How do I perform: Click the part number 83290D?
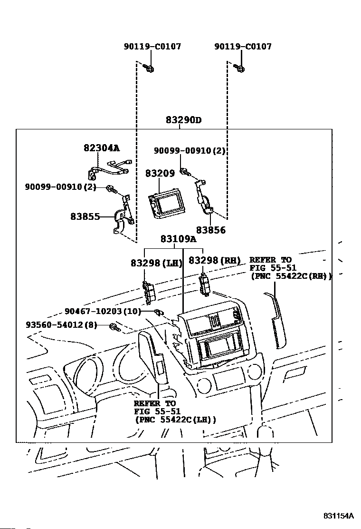coord(183,120)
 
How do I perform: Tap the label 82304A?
coord(102,148)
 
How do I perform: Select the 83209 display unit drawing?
coord(165,203)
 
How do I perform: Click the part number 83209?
coord(160,174)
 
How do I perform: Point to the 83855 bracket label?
coord(85,216)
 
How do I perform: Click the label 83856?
coord(211,230)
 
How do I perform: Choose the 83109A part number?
coord(179,239)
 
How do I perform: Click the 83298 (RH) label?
coord(215,260)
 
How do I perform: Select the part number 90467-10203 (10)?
coord(103,311)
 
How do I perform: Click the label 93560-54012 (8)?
coord(62,325)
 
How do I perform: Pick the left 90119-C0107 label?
coord(152,46)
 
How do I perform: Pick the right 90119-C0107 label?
coord(243,46)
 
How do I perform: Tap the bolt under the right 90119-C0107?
coord(239,68)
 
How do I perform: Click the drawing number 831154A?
coord(338,516)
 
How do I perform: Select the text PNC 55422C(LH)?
coord(175,420)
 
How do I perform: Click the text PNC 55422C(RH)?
coord(291,276)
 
